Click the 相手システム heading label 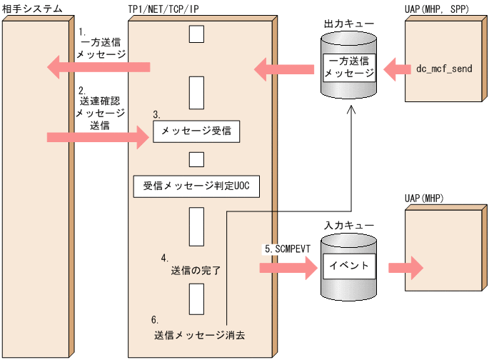coord(31,9)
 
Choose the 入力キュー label coord(348,225)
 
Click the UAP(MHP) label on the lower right coord(423,197)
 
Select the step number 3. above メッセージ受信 coord(156,114)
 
